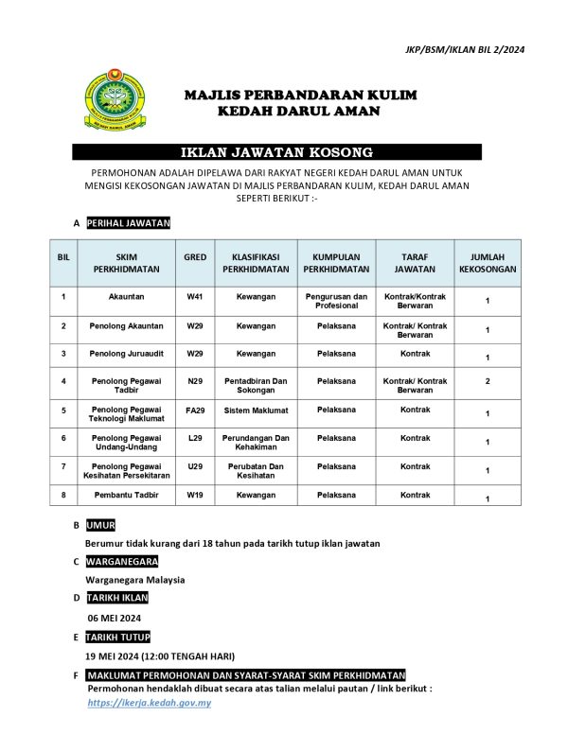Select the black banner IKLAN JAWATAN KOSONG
coord(277,151)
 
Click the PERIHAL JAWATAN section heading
coord(128,223)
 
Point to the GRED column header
coord(195,256)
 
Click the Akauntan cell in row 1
coord(127,297)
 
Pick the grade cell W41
coord(195,297)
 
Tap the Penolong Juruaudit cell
coord(127,353)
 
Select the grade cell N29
coord(195,381)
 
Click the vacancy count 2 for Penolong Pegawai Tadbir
coord(487,382)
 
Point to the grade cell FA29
coord(195,411)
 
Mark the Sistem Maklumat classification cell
coord(256,411)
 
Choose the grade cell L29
coord(195,439)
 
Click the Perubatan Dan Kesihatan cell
coord(256,471)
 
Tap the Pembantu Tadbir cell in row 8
coord(127,495)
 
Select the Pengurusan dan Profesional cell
coord(336,302)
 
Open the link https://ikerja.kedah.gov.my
coord(149,704)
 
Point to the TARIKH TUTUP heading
coord(117,637)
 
